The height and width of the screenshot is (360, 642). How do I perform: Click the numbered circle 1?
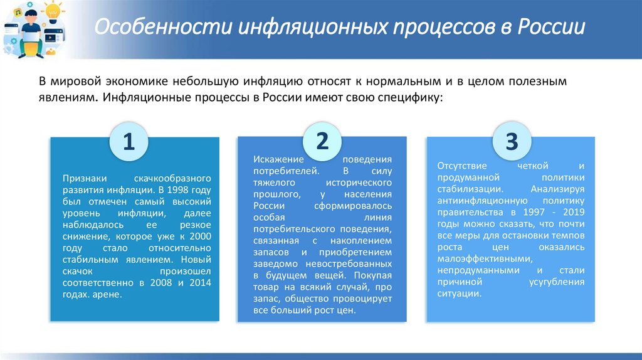tap(129, 142)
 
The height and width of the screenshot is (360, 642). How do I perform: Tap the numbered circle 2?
tap(322, 141)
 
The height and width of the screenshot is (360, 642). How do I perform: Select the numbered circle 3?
tap(512, 142)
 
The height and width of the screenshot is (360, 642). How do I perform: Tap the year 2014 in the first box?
tap(201, 283)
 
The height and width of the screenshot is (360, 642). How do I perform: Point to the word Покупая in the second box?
tap(372, 275)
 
